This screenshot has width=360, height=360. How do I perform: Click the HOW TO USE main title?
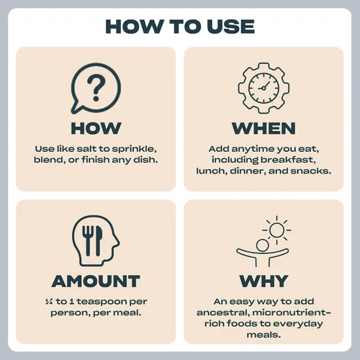point(180,27)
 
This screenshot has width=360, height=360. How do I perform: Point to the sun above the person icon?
point(276,230)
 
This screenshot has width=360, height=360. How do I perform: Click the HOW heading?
point(96,128)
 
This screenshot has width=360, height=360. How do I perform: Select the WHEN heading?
point(264,128)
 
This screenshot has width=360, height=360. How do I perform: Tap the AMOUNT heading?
point(96,281)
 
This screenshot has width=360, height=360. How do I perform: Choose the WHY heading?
point(264,281)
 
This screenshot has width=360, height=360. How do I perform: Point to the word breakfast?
point(288,160)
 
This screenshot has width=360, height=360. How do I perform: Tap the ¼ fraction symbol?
point(49,302)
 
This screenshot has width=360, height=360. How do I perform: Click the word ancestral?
point(222,312)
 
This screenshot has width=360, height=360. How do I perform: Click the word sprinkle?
point(134,149)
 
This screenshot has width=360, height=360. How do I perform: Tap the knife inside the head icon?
point(99,240)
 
